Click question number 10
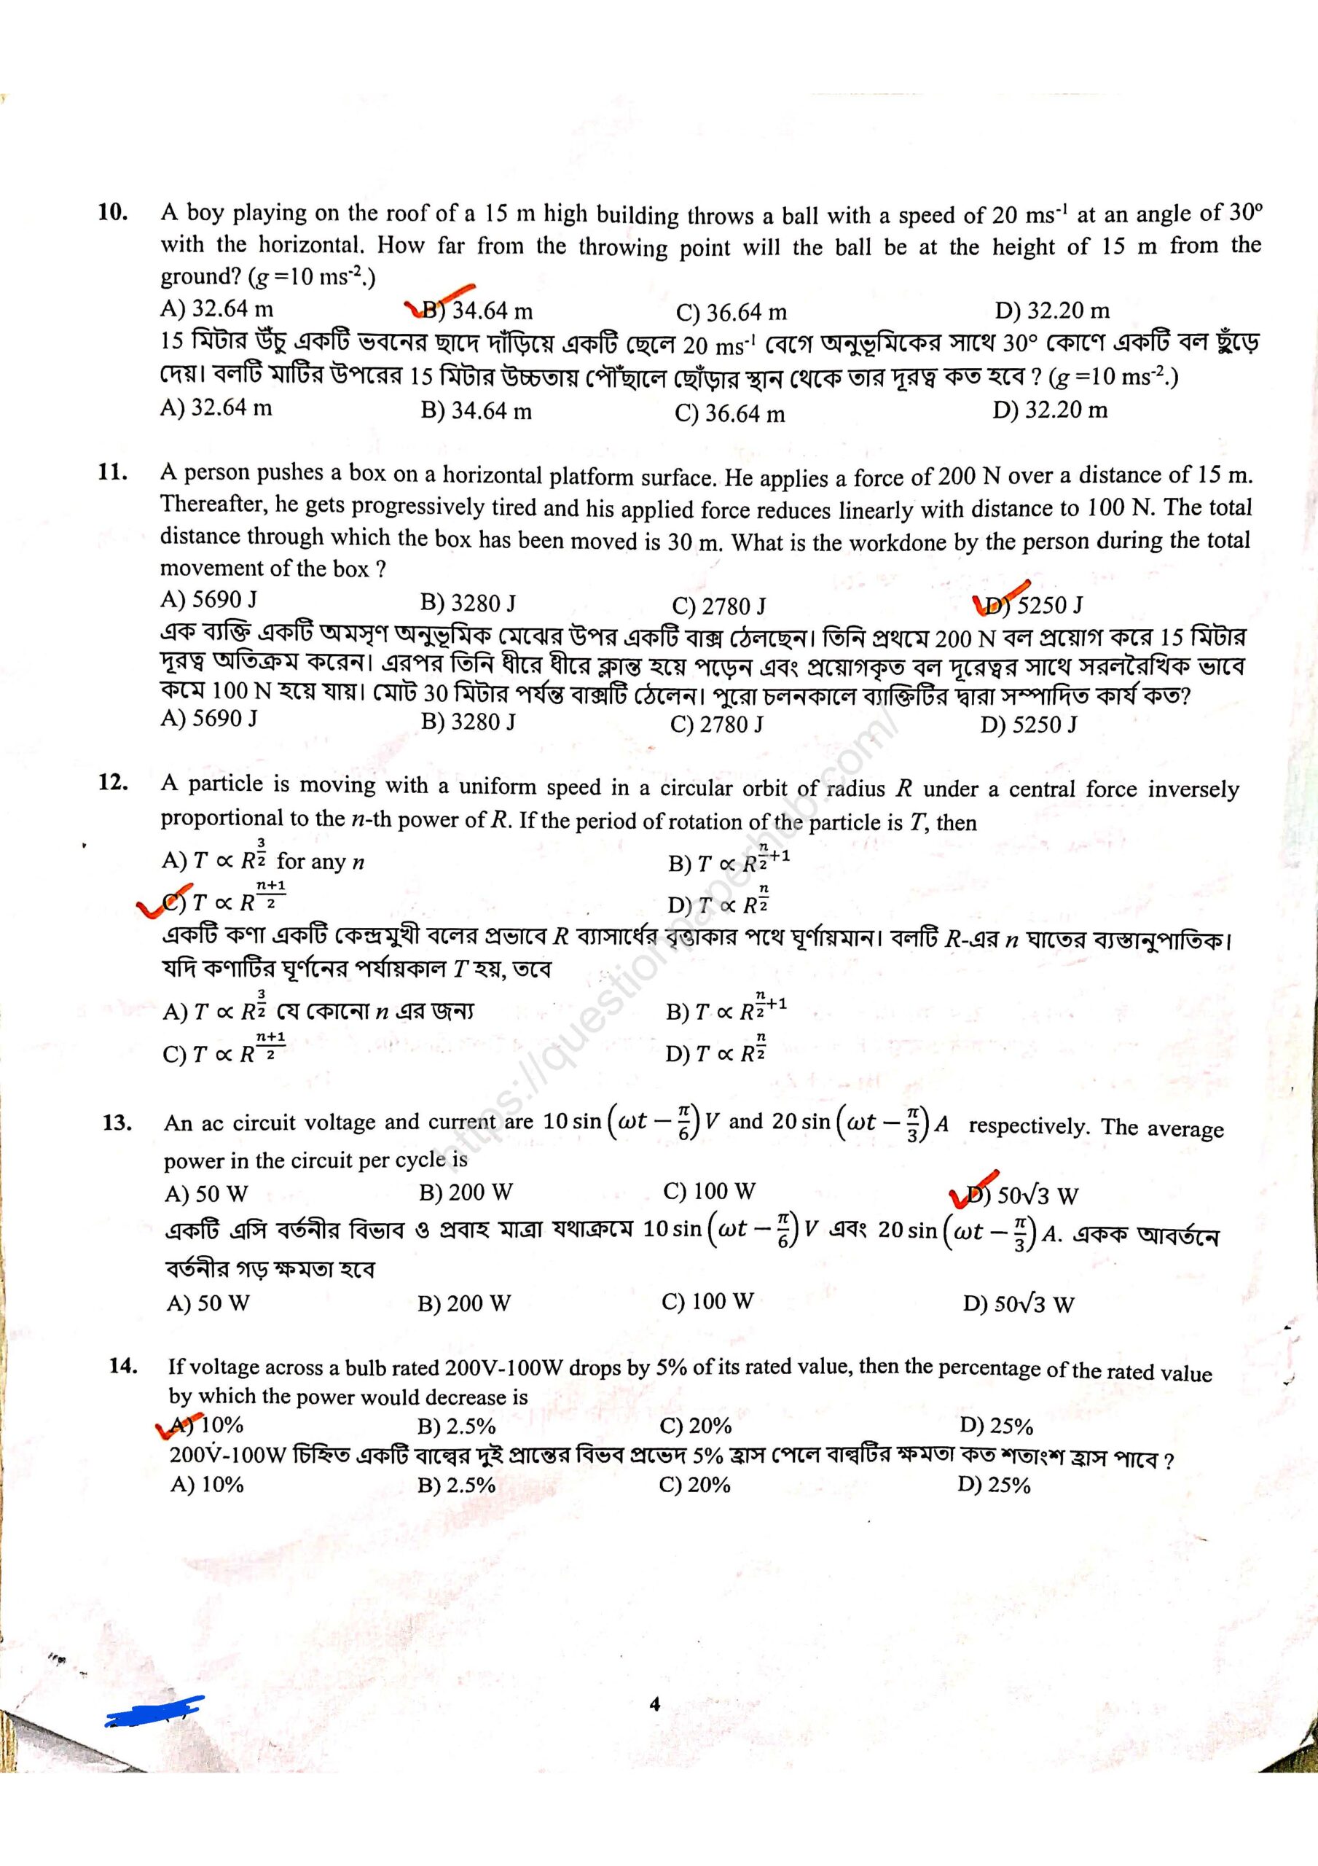click(x=113, y=212)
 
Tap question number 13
click(x=117, y=1123)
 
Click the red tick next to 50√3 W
click(x=972, y=1187)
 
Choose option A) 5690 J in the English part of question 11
click(x=209, y=600)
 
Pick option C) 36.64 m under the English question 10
click(x=731, y=313)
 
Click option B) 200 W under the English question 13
click(x=466, y=1192)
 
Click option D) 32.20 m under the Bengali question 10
click(x=1049, y=410)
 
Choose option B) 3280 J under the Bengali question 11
click(x=467, y=721)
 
